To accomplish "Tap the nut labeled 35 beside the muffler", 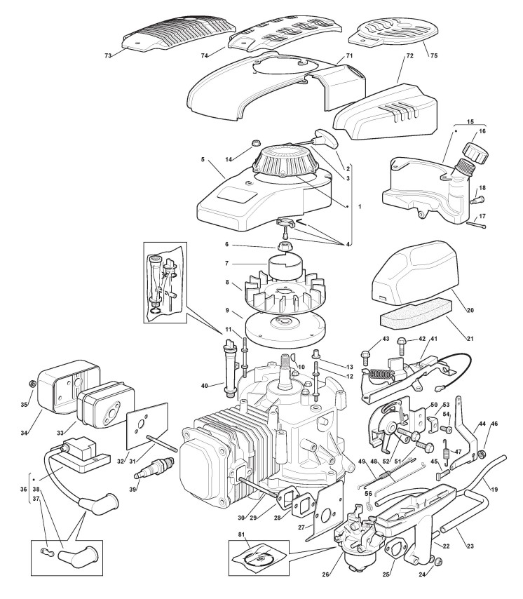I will point(31,384).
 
